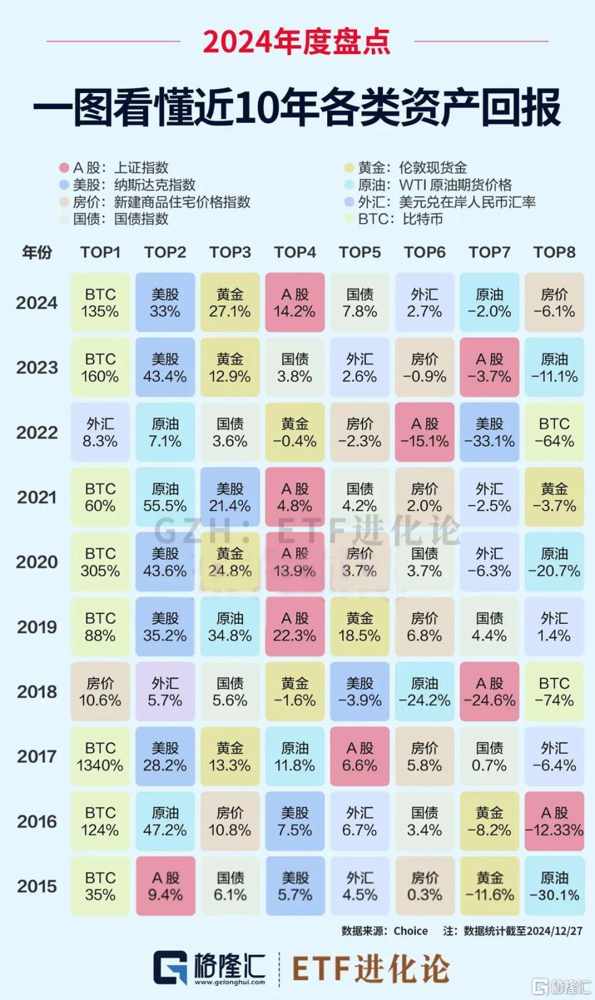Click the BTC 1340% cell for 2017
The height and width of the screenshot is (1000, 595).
(x=100, y=757)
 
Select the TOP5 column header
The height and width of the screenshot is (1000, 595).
(x=359, y=252)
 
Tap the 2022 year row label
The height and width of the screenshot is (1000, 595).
(x=37, y=432)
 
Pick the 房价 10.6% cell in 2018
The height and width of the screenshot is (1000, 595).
(x=100, y=691)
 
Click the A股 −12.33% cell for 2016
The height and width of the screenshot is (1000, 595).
(x=554, y=822)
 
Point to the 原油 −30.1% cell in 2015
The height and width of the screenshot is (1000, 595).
(x=554, y=886)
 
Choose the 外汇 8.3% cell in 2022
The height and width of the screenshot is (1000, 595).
(x=100, y=432)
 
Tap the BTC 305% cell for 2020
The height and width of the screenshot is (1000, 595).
(x=100, y=562)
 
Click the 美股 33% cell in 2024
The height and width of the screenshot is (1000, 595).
(x=165, y=303)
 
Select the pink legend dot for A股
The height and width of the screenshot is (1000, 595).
(x=64, y=168)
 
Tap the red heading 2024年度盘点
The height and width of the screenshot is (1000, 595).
(x=297, y=42)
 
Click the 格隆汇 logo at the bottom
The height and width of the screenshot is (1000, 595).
(x=209, y=967)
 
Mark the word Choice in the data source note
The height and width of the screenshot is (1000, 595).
(x=410, y=931)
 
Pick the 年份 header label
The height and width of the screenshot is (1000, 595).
(x=37, y=252)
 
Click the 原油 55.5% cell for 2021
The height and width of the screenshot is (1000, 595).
(x=165, y=498)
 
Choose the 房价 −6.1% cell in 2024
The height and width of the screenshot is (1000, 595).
(x=554, y=303)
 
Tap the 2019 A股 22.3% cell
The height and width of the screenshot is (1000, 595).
(x=294, y=627)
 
